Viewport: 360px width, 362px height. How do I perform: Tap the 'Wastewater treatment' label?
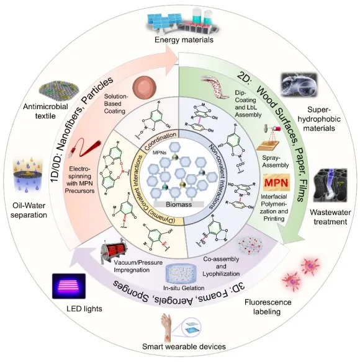click(325, 213)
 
